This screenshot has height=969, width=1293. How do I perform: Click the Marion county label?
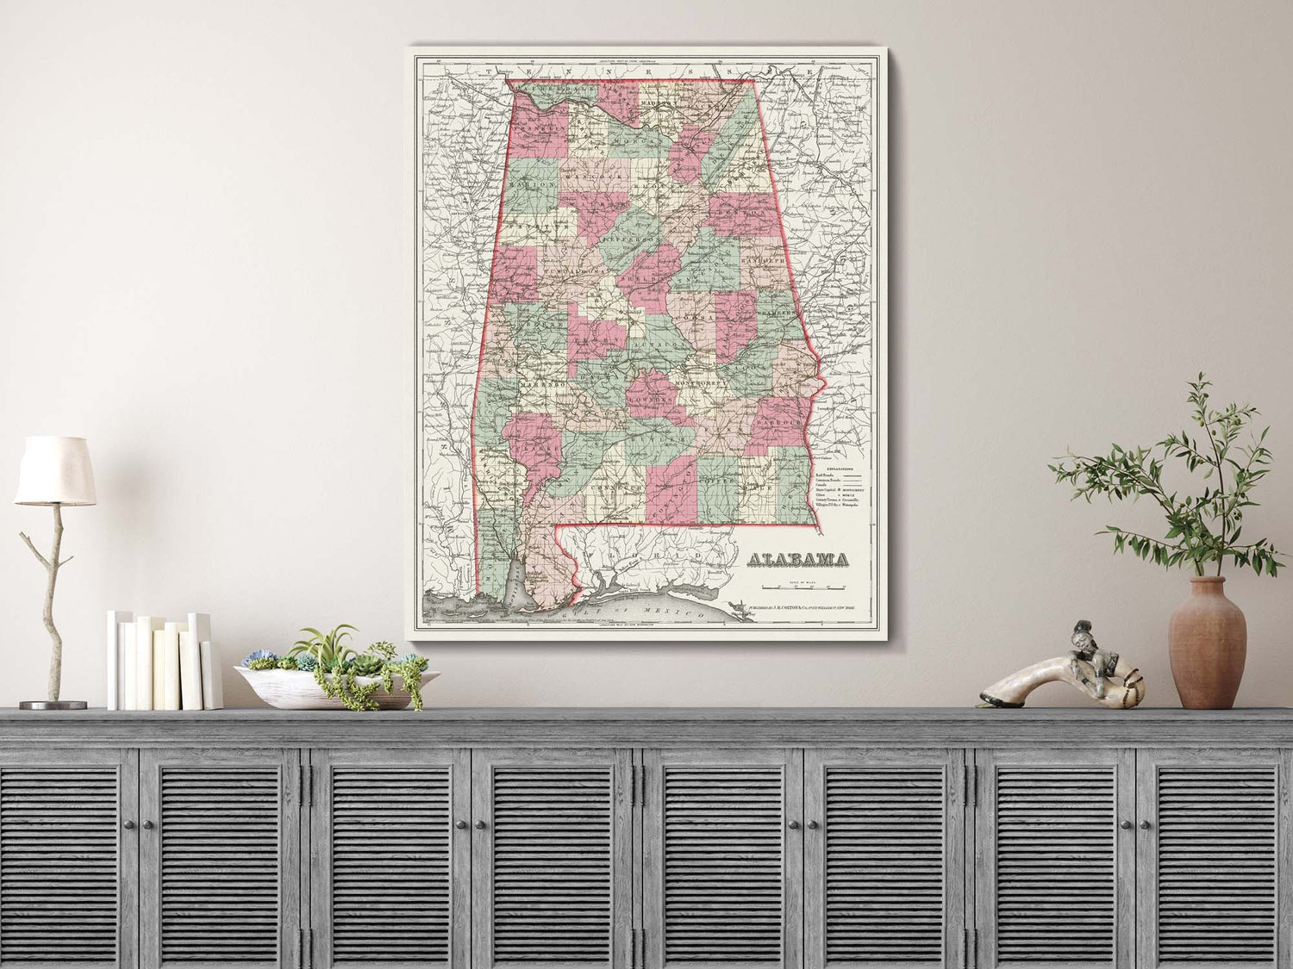(532, 183)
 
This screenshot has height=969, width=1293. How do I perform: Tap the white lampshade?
(55, 470)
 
